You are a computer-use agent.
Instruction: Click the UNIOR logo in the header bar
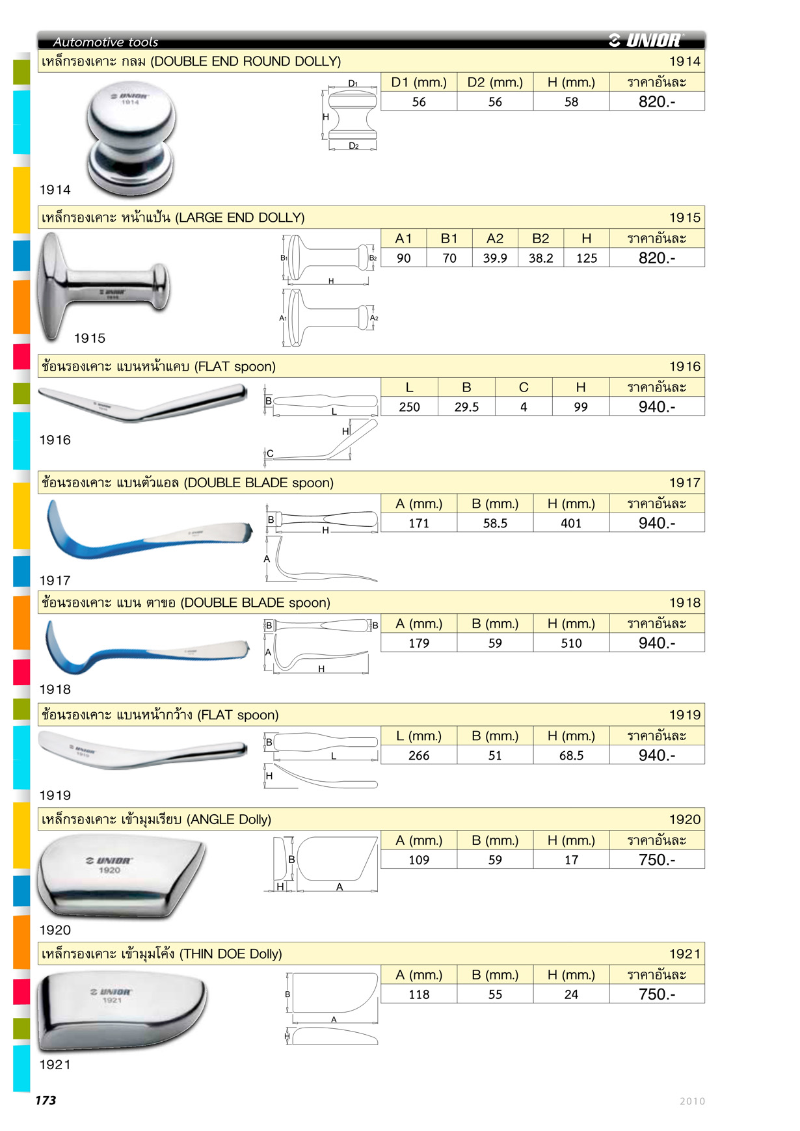click(645, 40)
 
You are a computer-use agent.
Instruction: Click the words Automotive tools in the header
click(105, 42)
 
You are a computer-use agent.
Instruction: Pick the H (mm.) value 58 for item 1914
click(571, 102)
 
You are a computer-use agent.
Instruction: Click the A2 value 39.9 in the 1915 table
click(495, 258)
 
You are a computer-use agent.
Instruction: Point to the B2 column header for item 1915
click(540, 239)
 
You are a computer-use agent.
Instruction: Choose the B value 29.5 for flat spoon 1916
click(466, 407)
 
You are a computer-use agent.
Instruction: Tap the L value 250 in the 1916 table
click(409, 407)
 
